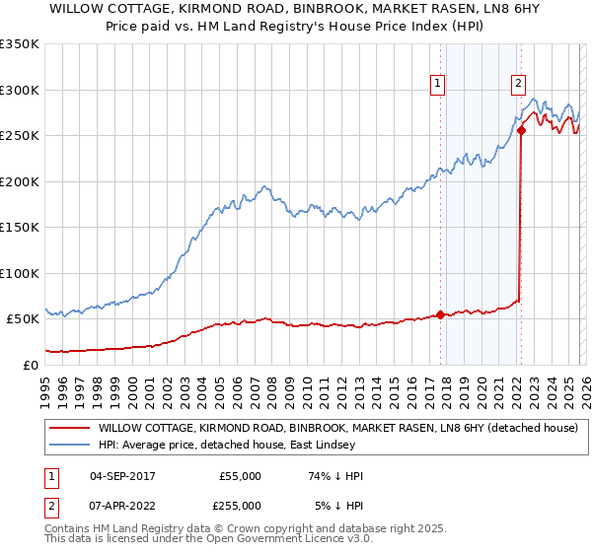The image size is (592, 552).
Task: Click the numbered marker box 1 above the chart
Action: click(x=437, y=85)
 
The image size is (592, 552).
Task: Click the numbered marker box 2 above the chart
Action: click(x=518, y=85)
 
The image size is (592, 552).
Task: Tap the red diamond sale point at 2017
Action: click(x=440, y=315)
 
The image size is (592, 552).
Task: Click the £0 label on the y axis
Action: click(x=30, y=365)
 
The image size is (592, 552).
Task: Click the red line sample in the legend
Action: click(x=69, y=428)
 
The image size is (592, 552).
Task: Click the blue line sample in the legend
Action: click(x=69, y=445)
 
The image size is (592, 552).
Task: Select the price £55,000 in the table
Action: click(x=239, y=476)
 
